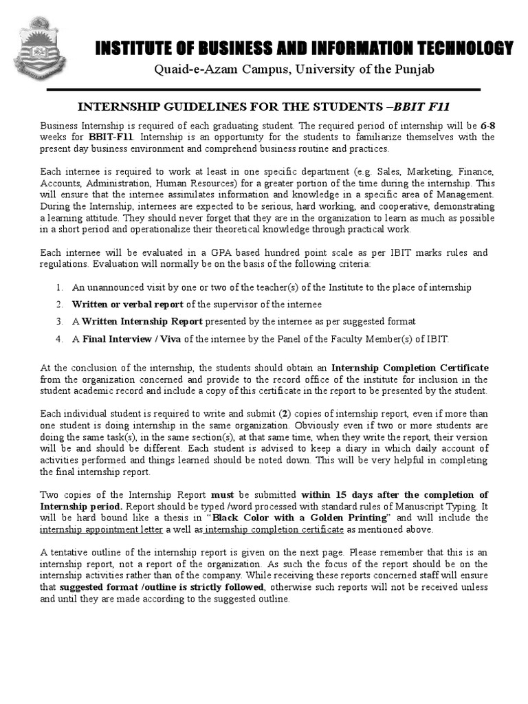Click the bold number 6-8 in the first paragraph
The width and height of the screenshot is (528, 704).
[x=487, y=126]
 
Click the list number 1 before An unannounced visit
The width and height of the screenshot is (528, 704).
[x=60, y=287]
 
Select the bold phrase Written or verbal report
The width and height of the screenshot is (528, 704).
[x=127, y=305]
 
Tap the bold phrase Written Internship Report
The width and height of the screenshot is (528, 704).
[x=142, y=322]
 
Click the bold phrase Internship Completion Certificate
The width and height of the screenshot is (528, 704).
[x=410, y=368]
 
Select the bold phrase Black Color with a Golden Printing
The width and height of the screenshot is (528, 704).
[x=300, y=518]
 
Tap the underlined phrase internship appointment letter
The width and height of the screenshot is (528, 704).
[x=102, y=529]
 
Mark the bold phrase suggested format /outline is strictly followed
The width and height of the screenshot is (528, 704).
[x=162, y=587]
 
